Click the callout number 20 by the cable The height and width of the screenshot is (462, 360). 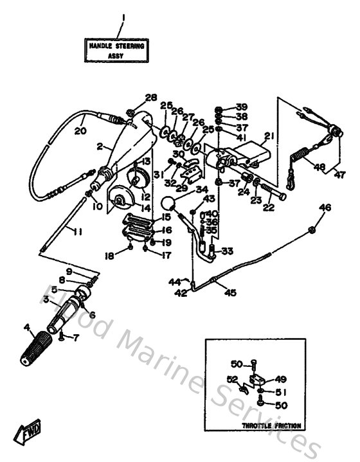coord(80,130)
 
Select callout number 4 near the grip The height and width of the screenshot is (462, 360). coord(27,328)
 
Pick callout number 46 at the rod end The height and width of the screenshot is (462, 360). coord(325,207)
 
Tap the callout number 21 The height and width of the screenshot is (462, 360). coord(269,135)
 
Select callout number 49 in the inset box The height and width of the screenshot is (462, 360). coord(282,378)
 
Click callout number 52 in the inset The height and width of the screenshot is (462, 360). coord(233,378)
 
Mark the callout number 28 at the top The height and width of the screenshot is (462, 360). coord(151,98)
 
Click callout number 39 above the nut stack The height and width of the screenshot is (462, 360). coord(241,107)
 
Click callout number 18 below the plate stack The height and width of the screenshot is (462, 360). coord(110,256)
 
